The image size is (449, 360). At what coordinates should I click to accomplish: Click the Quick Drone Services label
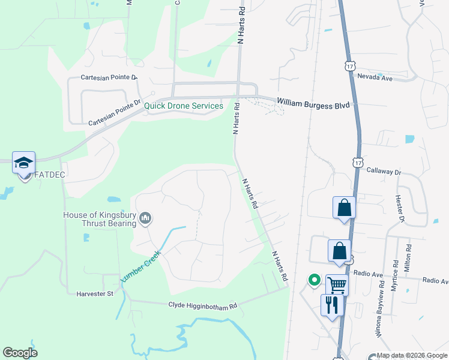pos(184,106)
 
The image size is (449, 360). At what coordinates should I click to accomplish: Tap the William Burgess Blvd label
pos(313,105)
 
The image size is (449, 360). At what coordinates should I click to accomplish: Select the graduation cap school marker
pos(24,163)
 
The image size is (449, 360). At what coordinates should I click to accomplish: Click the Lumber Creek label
pos(142,266)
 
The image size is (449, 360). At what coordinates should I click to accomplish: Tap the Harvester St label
pos(95,294)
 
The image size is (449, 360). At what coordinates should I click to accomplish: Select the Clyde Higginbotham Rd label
pos(203,306)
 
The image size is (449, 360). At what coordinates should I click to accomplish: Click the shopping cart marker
pos(337,284)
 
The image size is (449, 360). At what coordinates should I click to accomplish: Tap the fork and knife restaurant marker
pos(331,305)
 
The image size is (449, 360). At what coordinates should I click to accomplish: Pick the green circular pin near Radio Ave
pos(313,280)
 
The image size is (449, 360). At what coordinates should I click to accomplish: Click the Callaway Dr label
pos(384,172)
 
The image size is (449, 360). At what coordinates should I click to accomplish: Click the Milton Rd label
pos(408,256)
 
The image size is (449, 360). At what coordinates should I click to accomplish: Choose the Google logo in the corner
pos(20,353)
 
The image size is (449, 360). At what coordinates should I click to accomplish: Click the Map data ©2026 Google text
pos(412,356)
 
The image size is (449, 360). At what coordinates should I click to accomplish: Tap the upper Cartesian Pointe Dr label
pos(109,78)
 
